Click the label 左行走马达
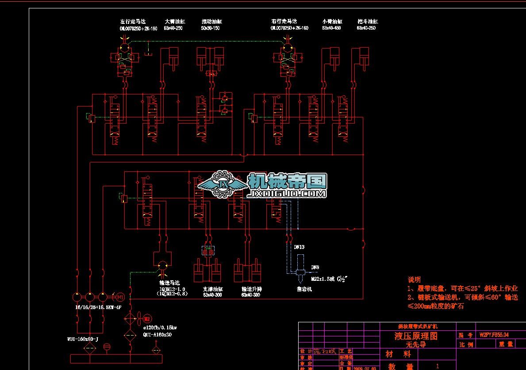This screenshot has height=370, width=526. coord(133,21)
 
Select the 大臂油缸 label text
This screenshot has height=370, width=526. coord(173,21)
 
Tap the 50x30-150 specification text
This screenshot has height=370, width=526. coord(210,28)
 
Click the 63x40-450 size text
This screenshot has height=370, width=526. coord(331,28)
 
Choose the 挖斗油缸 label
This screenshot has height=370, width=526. coord(367,21)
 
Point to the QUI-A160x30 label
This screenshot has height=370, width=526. coord(157,335)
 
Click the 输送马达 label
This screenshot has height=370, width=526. coord(169,283)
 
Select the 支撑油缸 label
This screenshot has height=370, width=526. coord(212,289)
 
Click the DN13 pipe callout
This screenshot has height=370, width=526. coord(299,247)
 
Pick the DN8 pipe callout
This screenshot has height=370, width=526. coord(315,267)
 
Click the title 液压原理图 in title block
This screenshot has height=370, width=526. coord(416,336)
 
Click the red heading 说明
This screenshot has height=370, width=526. coord(414,279)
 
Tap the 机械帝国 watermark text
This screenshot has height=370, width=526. coord(287,181)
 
